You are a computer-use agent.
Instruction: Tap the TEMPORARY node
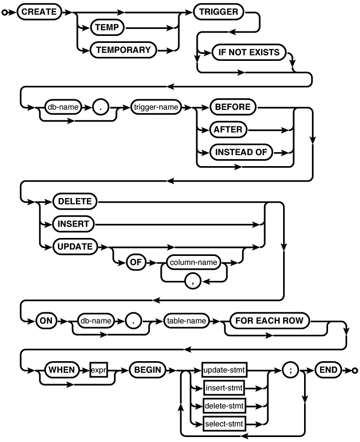123,50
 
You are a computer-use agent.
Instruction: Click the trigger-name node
155,107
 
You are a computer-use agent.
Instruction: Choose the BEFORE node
232,107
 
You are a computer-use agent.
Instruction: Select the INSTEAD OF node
241,152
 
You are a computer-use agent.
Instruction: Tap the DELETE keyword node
75,202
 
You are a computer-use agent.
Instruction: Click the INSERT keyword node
73,224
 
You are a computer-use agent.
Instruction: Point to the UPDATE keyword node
75,246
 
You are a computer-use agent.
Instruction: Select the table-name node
186,321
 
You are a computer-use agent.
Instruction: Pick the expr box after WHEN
98,370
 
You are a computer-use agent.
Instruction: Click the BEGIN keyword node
146,370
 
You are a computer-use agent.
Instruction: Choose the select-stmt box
225,424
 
